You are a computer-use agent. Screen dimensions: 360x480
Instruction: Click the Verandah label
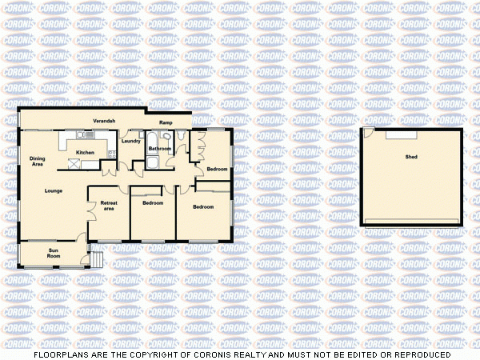tap(104, 120)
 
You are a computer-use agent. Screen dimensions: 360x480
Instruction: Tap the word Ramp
tap(166, 122)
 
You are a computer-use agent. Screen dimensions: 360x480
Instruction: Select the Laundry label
tap(130, 142)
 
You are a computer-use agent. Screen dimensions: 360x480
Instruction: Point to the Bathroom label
tap(160, 149)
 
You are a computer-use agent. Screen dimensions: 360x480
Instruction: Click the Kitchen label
tap(85, 152)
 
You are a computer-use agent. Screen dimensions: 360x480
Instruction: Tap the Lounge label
tap(54, 190)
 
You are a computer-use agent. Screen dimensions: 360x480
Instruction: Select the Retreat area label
tap(108, 206)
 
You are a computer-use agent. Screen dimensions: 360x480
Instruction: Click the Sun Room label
tap(54, 254)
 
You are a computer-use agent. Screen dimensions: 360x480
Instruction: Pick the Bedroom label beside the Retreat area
tap(153, 203)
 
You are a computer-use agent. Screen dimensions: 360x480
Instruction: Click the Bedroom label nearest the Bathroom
tap(217, 169)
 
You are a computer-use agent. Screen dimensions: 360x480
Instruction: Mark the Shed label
tap(411, 157)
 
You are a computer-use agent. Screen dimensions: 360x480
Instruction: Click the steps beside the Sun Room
tap(96, 258)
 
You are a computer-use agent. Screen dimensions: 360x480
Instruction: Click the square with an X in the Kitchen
tap(74, 163)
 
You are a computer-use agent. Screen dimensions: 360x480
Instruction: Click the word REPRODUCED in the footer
tap(418, 354)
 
